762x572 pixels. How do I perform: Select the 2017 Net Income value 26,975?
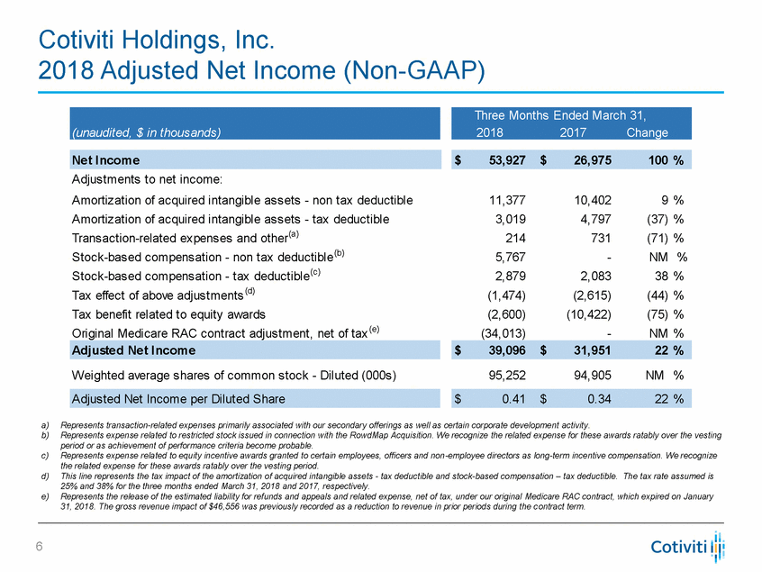tap(586, 159)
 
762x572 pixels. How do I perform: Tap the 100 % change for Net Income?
tap(662, 159)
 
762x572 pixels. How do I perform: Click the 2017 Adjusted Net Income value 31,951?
tap(586, 350)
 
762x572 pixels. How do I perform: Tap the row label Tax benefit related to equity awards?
tap(168, 313)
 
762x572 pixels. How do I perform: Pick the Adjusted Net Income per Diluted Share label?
tap(177, 398)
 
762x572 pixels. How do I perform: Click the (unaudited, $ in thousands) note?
tap(146, 132)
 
